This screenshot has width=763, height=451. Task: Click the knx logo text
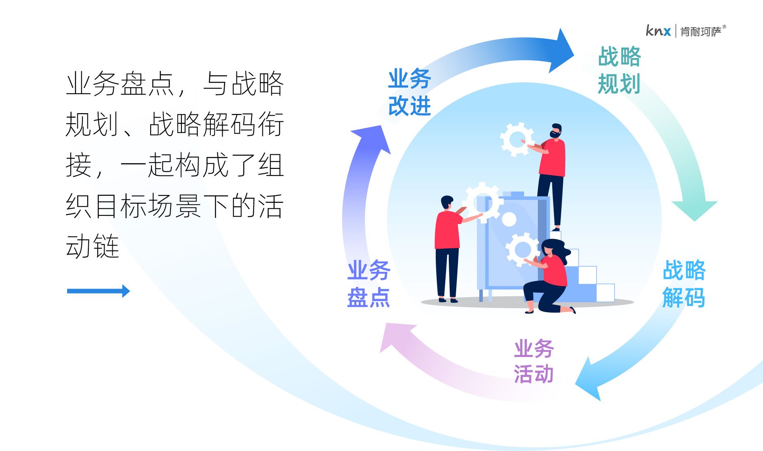(x=658, y=31)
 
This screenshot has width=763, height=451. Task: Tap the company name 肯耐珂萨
(x=701, y=31)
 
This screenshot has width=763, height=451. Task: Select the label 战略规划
(x=619, y=70)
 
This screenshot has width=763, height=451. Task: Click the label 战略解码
(x=684, y=284)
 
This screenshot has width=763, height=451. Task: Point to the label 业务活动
(x=533, y=361)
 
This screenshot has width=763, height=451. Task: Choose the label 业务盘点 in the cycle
(x=369, y=284)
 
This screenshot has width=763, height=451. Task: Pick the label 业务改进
(x=409, y=92)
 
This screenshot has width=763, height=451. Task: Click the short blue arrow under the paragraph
(x=98, y=291)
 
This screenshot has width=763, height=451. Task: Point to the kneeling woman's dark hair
(x=555, y=248)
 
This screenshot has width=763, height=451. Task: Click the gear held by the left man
(x=483, y=202)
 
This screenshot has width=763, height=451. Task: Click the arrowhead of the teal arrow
(x=694, y=209)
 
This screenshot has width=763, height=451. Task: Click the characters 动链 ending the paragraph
(x=92, y=246)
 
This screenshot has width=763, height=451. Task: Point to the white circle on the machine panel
(x=509, y=219)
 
